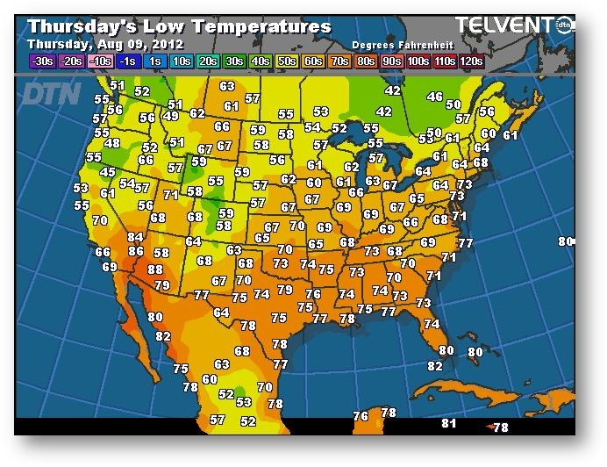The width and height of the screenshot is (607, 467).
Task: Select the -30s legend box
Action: pyautogui.click(x=42, y=61)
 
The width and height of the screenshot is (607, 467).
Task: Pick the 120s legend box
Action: pyautogui.click(x=471, y=61)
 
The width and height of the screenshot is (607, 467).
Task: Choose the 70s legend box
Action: pyautogui.click(x=339, y=61)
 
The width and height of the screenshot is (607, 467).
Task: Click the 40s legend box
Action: pyautogui.click(x=261, y=61)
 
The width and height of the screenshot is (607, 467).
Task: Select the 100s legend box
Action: pyautogui.click(x=418, y=61)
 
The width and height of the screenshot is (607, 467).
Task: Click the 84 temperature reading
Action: pyautogui.click(x=135, y=237)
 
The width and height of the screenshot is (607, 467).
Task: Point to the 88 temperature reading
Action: pyautogui.click(x=155, y=269)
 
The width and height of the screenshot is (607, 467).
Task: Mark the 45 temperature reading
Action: pyautogui.click(x=108, y=173)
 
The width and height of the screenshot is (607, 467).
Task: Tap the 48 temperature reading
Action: pyautogui.click(x=112, y=144)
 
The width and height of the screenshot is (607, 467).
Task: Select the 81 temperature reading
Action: pyautogui.click(x=449, y=424)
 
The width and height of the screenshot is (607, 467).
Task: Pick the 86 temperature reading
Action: pyautogui.click(x=136, y=252)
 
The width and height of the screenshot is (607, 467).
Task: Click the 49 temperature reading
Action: pyautogui.click(x=171, y=116)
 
